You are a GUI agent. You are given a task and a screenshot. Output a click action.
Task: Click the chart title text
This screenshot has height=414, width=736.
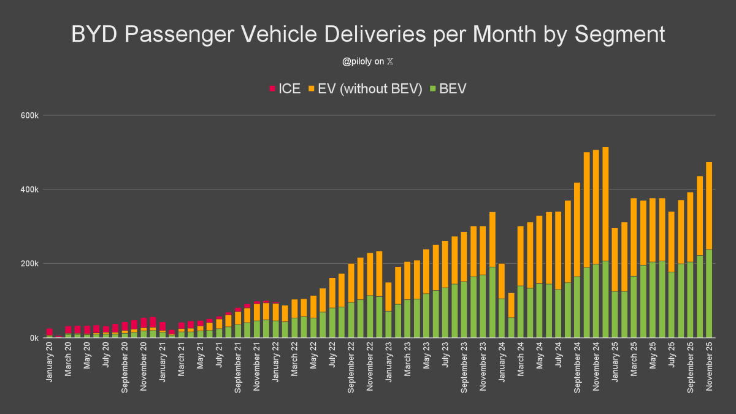coord(368,34)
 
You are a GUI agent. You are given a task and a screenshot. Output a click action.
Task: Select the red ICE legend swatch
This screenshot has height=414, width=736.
coord(272,89)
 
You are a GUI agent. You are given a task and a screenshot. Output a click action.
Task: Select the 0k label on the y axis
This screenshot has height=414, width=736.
coord(33,338)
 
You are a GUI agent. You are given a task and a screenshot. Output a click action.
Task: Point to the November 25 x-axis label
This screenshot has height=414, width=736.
coord(709,364)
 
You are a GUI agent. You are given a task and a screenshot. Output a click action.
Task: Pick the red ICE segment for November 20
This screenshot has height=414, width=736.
coord(144,323)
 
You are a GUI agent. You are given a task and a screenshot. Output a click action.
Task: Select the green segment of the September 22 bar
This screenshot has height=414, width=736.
coord(351,320)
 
